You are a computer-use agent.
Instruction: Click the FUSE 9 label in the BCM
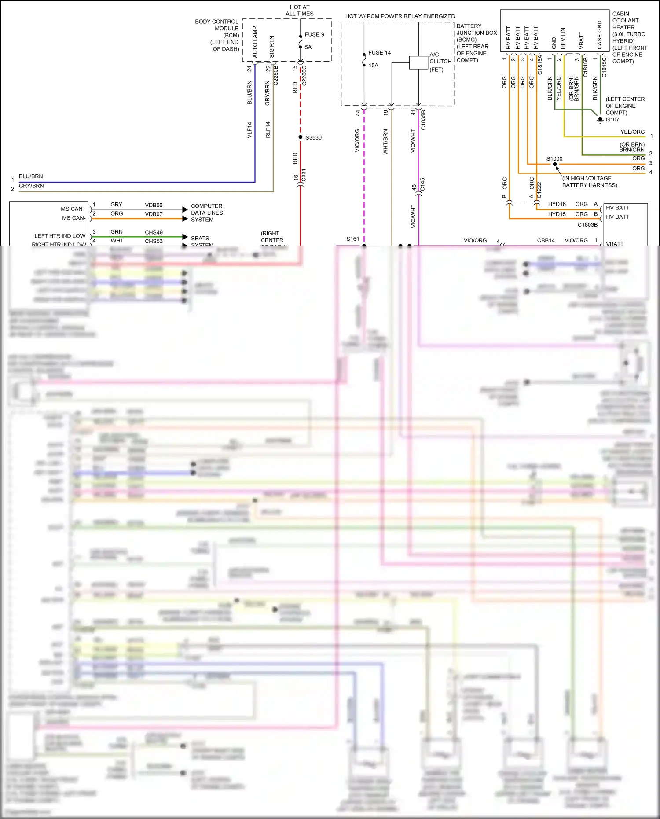coord(314,34)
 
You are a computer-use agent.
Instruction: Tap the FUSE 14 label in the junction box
coord(379,53)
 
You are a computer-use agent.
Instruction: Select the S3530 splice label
coord(313,138)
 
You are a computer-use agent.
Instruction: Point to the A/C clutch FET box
coord(418,62)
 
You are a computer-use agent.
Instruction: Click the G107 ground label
coord(612,120)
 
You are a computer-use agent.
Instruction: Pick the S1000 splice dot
coord(555,164)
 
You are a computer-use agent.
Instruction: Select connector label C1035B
coord(423,120)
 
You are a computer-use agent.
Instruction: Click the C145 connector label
coord(422,184)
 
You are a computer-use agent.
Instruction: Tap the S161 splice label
coord(352,239)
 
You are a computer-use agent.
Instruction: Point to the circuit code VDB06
coord(154,205)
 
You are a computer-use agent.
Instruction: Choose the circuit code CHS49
coord(154,232)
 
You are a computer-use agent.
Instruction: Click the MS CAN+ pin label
coord(73,209)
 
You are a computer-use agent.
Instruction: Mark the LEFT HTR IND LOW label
coord(60,236)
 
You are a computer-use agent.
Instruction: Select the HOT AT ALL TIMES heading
coord(300,11)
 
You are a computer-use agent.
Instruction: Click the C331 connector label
coord(304,176)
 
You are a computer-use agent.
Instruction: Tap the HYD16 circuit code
coord(557,204)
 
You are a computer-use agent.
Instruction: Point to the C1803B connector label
coord(587,225)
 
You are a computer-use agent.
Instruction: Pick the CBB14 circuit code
coord(546,241)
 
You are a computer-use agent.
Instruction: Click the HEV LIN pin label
coord(563,38)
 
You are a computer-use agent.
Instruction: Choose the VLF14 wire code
coord(249,130)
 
